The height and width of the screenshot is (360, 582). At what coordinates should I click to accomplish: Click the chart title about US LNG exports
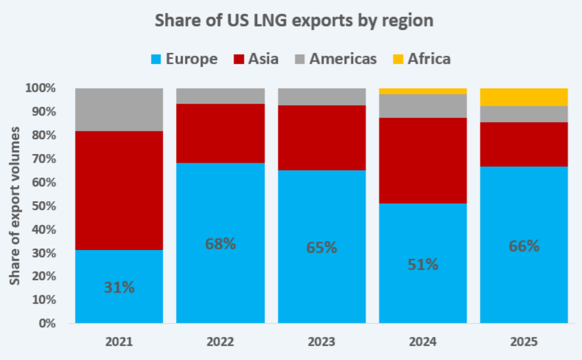point(294,21)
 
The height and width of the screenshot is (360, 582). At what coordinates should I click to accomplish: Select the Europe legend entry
point(184,59)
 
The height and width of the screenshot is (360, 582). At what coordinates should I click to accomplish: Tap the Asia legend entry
point(256,59)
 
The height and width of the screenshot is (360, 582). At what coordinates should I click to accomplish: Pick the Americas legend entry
point(337,59)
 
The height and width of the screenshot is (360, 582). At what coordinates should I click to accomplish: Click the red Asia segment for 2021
point(119,190)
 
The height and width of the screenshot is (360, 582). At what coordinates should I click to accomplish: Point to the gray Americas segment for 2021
point(119,110)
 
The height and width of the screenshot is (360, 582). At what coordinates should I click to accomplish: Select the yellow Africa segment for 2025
point(524,97)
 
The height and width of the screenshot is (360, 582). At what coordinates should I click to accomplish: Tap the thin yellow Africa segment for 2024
point(423,91)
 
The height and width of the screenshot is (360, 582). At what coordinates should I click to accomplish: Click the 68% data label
point(220,243)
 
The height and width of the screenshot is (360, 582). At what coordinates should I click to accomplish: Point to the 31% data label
point(119,287)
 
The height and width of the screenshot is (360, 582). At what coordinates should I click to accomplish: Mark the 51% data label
point(423,265)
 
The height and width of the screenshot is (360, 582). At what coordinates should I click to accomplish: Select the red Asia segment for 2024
point(423,160)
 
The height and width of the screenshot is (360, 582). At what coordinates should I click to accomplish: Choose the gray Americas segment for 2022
point(220,96)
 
